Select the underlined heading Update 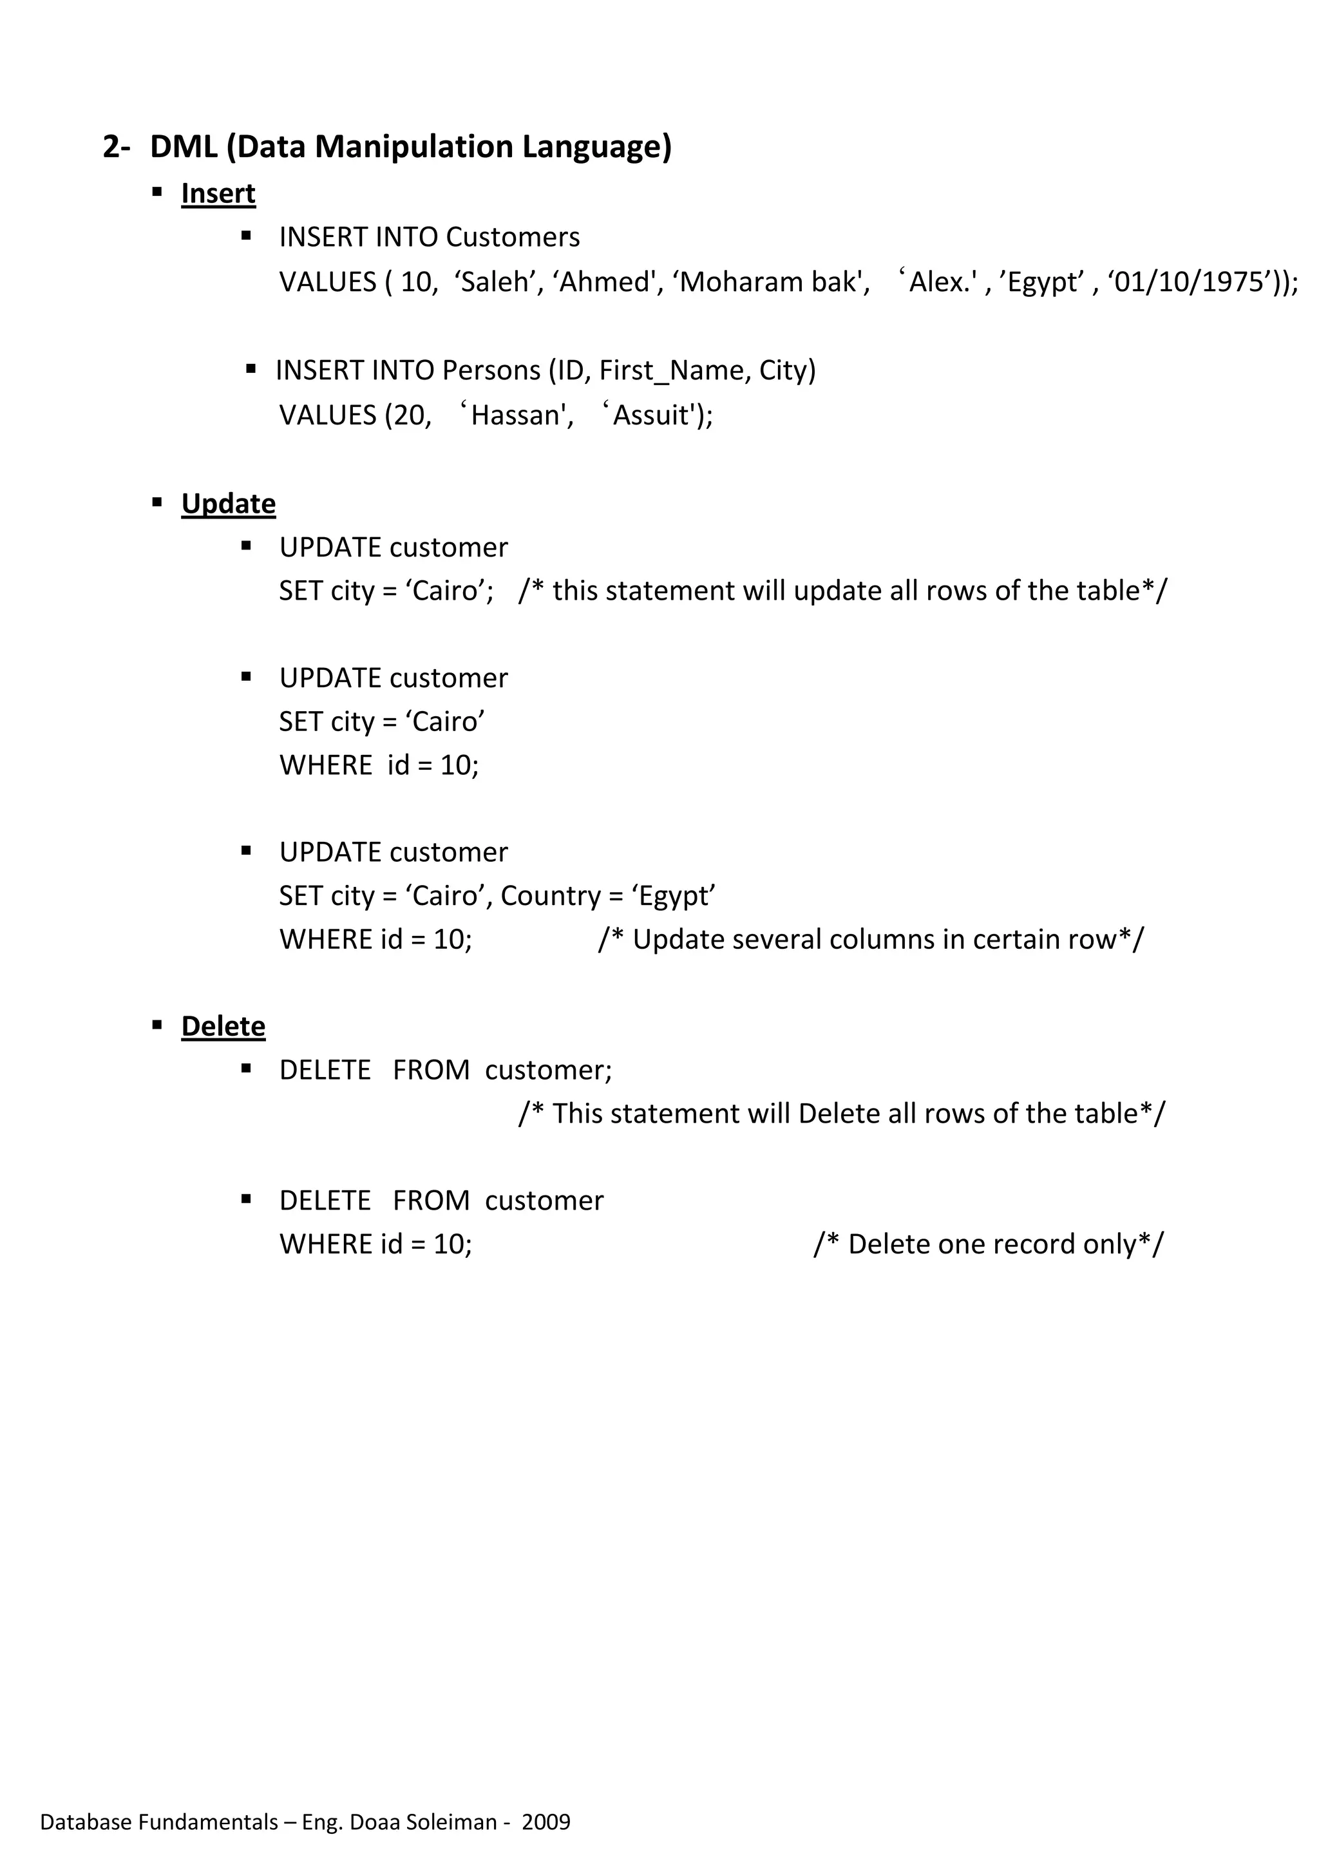[229, 504]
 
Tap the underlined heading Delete [223, 1027]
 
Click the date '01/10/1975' [1191, 282]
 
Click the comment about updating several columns [870, 940]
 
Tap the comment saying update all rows [842, 591]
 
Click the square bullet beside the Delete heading [158, 1025]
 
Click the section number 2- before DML [116, 147]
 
